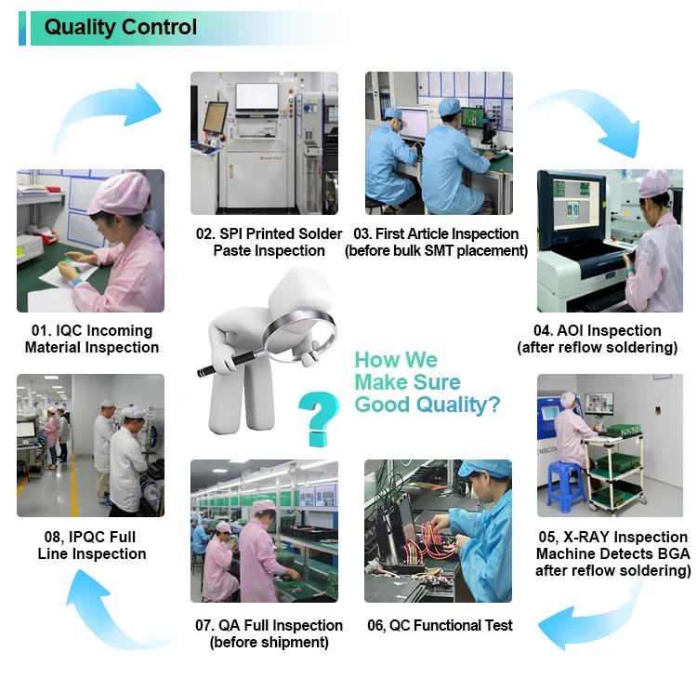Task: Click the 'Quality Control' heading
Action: point(121,27)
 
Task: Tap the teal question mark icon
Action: point(318,418)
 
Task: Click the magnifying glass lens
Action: point(299,329)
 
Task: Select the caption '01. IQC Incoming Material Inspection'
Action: point(91,339)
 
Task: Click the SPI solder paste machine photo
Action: point(264,142)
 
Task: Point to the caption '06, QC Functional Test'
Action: point(440,625)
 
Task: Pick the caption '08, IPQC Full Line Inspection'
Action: point(91,545)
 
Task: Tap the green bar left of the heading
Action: point(22,28)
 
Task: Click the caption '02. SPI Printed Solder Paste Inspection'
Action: point(269,242)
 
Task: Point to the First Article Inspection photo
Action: point(439,142)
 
